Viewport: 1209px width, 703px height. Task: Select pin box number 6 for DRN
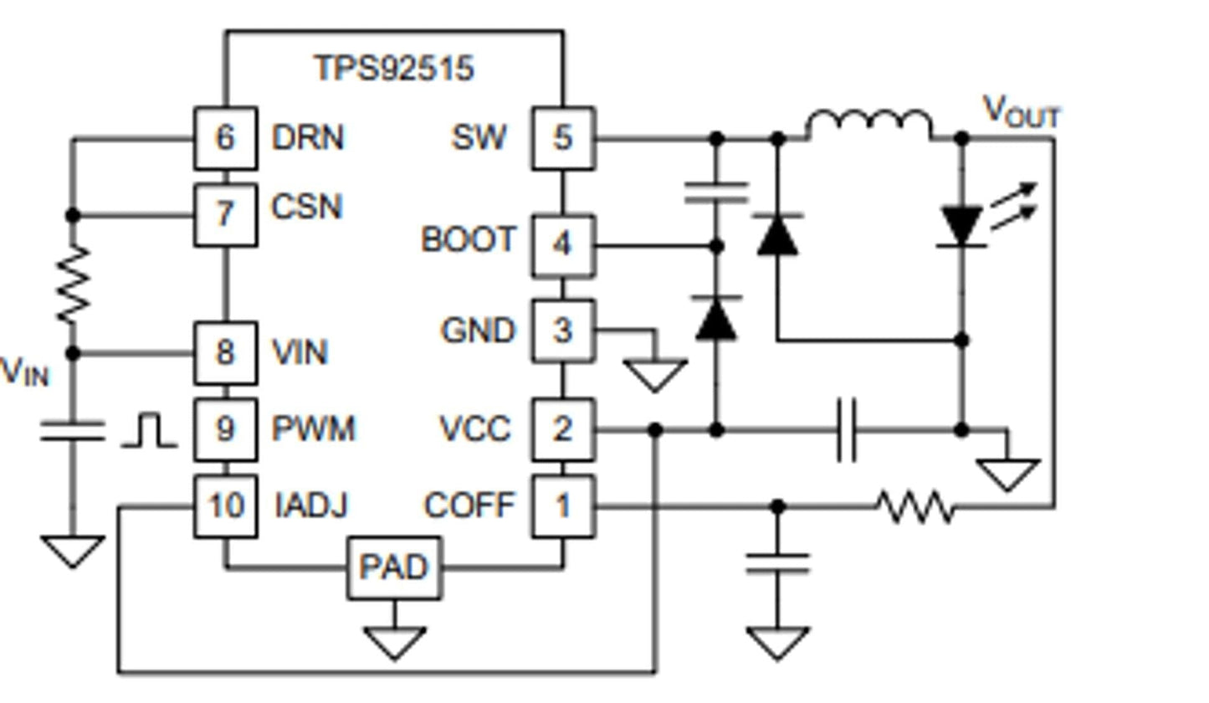coord(225,138)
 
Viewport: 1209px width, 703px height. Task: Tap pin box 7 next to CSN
coord(225,215)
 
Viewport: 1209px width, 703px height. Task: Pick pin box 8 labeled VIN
coord(225,353)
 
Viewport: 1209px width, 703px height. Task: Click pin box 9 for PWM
coord(225,429)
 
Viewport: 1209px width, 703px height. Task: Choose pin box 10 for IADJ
coord(225,506)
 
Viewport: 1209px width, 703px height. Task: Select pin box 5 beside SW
coord(563,138)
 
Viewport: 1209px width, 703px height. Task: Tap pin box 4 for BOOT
coord(563,245)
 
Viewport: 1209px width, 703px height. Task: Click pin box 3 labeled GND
coord(563,331)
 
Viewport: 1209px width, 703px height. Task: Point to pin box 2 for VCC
coord(563,429)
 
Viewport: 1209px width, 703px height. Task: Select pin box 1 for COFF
coord(563,506)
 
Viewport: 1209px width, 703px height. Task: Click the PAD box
coord(394,568)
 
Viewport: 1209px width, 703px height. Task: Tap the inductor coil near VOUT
coord(869,125)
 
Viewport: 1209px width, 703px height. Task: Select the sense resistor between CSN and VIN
coord(73,285)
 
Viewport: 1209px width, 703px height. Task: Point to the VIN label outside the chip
coord(25,371)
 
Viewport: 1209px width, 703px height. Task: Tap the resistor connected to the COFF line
coord(914,507)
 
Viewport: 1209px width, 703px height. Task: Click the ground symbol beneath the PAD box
coord(394,643)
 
